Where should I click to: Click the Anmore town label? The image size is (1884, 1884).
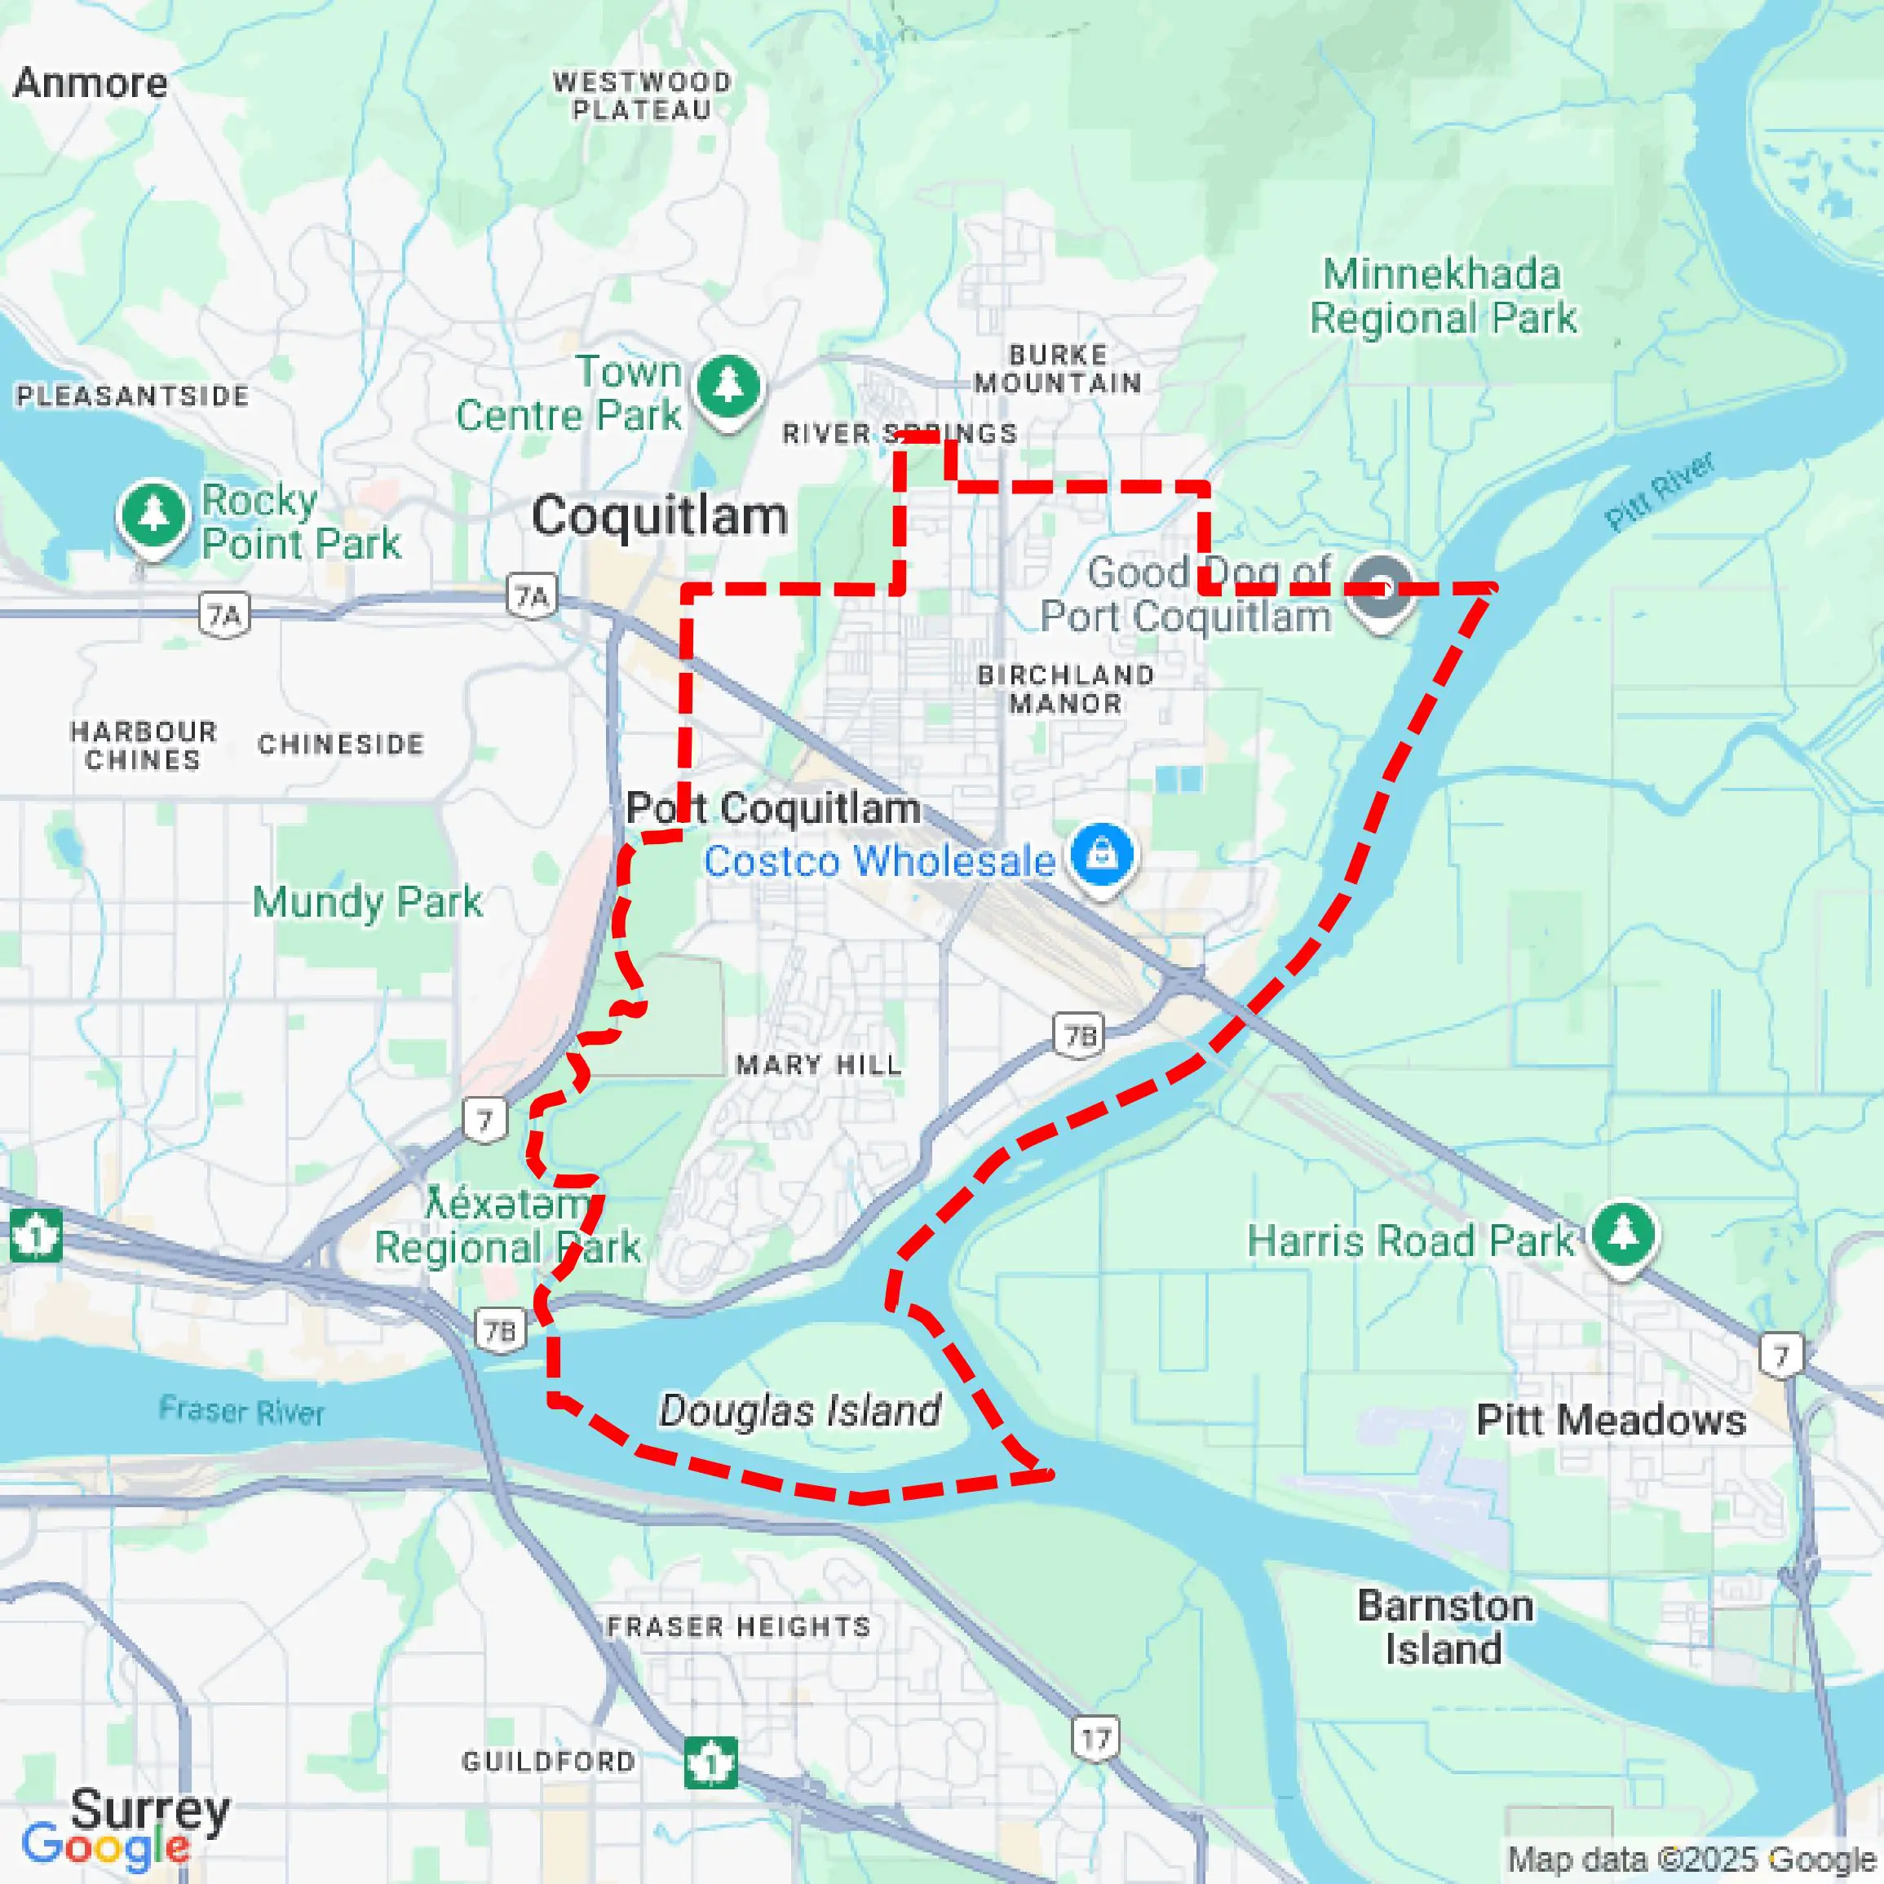[x=90, y=83]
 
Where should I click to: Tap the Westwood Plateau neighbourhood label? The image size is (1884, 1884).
[x=642, y=95]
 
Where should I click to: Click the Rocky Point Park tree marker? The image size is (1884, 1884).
[x=153, y=514]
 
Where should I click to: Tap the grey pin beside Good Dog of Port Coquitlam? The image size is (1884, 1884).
[x=1380, y=588]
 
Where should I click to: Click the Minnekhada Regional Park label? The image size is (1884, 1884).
[x=1442, y=295]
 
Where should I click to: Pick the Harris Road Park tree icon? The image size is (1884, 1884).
[x=1623, y=1233]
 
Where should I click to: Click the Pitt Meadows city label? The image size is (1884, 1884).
[x=1611, y=1420]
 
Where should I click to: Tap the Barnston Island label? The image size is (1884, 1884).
[x=1444, y=1626]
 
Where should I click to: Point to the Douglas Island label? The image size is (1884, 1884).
[x=799, y=1410]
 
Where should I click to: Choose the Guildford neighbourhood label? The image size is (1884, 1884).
[x=548, y=1761]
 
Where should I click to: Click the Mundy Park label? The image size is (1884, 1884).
[x=367, y=902]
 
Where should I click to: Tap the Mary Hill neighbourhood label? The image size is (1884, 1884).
[x=819, y=1065]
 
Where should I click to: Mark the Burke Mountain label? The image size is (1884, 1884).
[x=1058, y=369]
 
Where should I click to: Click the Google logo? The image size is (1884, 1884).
[x=105, y=1846]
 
